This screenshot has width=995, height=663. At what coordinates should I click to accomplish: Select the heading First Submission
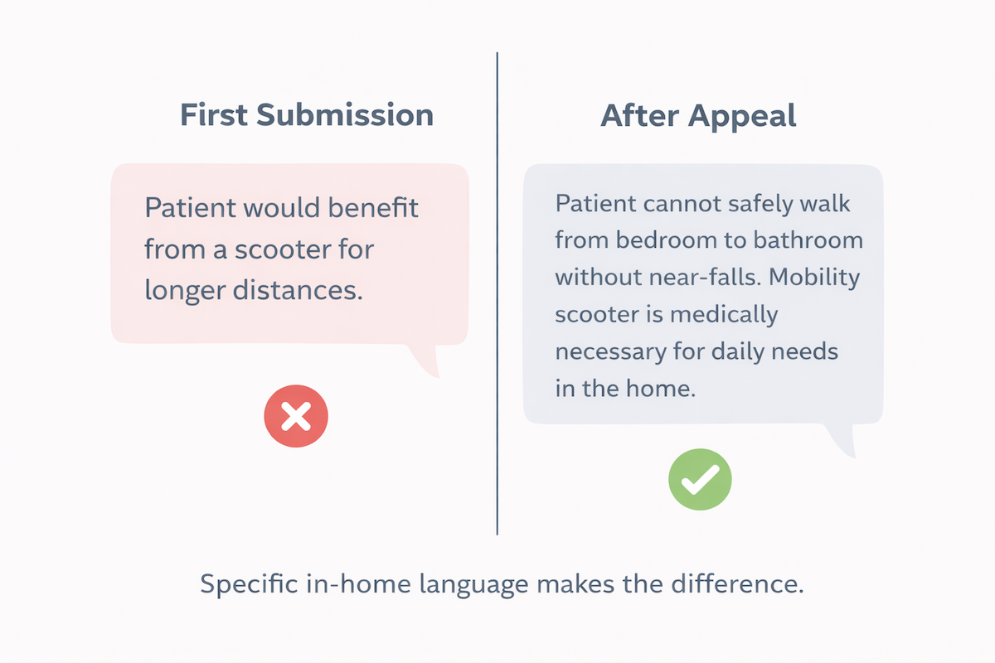pos(307,116)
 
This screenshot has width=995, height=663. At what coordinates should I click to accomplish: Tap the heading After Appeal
pos(698,116)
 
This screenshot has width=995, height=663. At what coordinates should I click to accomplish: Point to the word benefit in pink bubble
pos(375,207)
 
